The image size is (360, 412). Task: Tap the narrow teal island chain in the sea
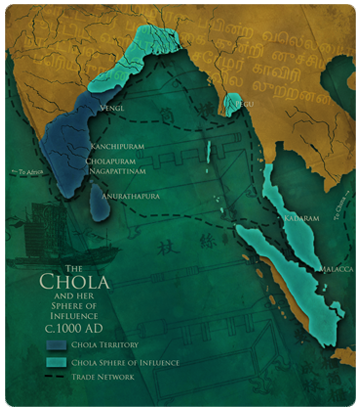[x=208, y=150]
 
